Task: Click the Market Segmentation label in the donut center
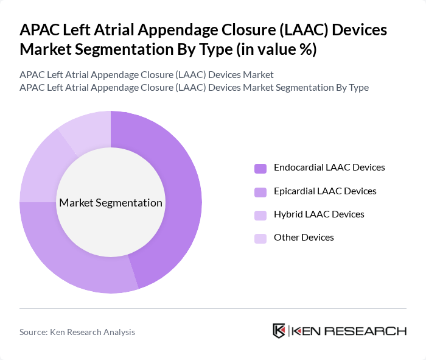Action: point(110,203)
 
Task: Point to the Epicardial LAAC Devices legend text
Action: point(325,191)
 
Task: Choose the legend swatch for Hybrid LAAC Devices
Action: point(260,215)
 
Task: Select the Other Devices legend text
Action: point(304,238)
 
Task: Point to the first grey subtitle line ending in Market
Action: point(147,74)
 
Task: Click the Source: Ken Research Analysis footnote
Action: point(77,332)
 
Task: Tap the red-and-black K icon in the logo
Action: point(279,331)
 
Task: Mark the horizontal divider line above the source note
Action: point(213,308)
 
